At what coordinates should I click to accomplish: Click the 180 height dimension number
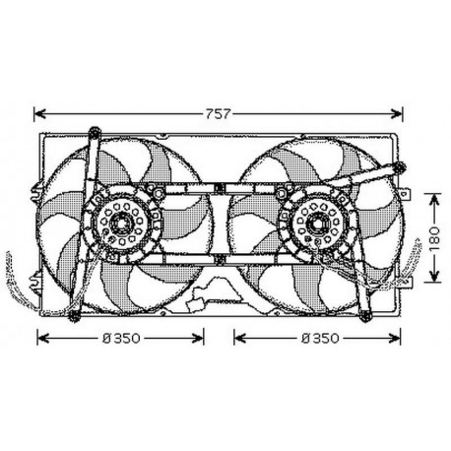coord(434,236)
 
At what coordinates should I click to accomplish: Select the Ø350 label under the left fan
coord(122,338)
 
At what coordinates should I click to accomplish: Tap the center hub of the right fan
coord(318,229)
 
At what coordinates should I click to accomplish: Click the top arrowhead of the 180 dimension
coord(434,195)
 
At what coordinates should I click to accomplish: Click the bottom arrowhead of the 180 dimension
coord(434,280)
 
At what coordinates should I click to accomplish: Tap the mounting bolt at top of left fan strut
coord(92,130)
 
